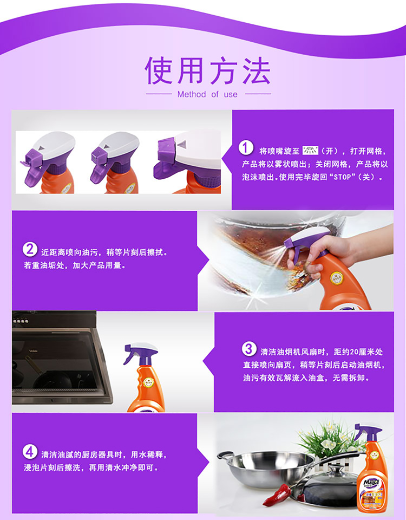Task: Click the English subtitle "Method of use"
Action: pyautogui.click(x=207, y=94)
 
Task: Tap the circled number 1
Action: pyautogui.click(x=246, y=148)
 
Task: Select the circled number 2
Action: pyautogui.click(x=30, y=249)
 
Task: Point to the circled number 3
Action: pyautogui.click(x=248, y=349)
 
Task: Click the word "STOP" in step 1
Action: pyautogui.click(x=342, y=177)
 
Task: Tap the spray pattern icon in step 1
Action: pyautogui.click(x=310, y=151)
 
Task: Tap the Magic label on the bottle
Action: pyautogui.click(x=371, y=482)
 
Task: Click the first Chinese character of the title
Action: pyautogui.click(x=159, y=70)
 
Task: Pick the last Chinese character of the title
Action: pyautogui.click(x=257, y=70)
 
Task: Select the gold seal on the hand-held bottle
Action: pyautogui.click(x=336, y=277)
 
